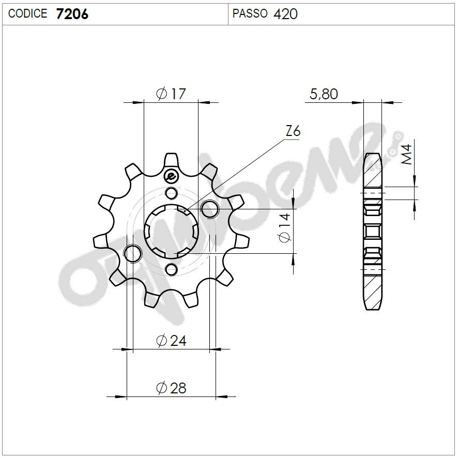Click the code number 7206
point(72,14)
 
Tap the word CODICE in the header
point(28,14)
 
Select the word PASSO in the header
point(250,14)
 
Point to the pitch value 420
point(286,14)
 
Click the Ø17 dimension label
point(170,94)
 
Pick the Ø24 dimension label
point(171,341)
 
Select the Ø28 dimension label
point(171,388)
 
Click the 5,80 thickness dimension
point(324,94)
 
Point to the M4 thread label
point(407,155)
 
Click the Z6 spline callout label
point(292,131)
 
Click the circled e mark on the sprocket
point(170,176)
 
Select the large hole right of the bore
point(209,209)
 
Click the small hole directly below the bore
point(171,269)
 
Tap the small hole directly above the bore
point(170,193)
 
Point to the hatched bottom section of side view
point(373,289)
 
